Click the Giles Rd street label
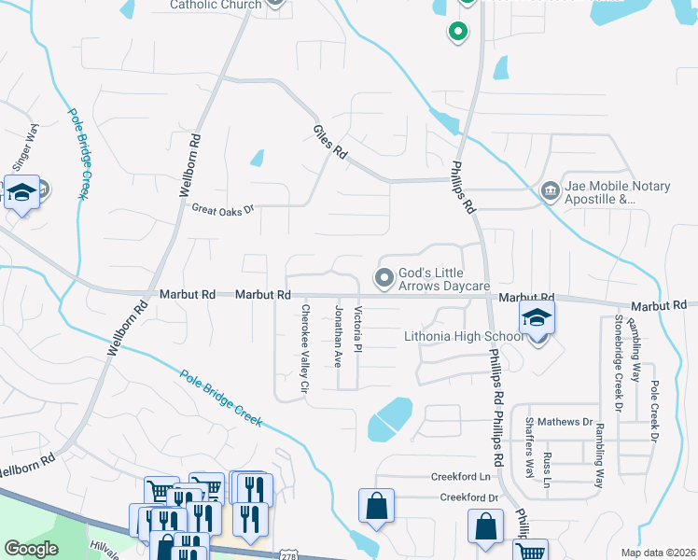pos(329,144)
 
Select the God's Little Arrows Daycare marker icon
pos(384,278)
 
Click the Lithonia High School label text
pos(463,337)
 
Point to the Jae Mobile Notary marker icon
pos(550,192)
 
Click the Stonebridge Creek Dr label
pos(618,363)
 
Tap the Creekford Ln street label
pos(460,477)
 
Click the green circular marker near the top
pos(457,33)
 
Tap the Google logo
pos(31,549)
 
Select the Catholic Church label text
pos(216,5)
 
